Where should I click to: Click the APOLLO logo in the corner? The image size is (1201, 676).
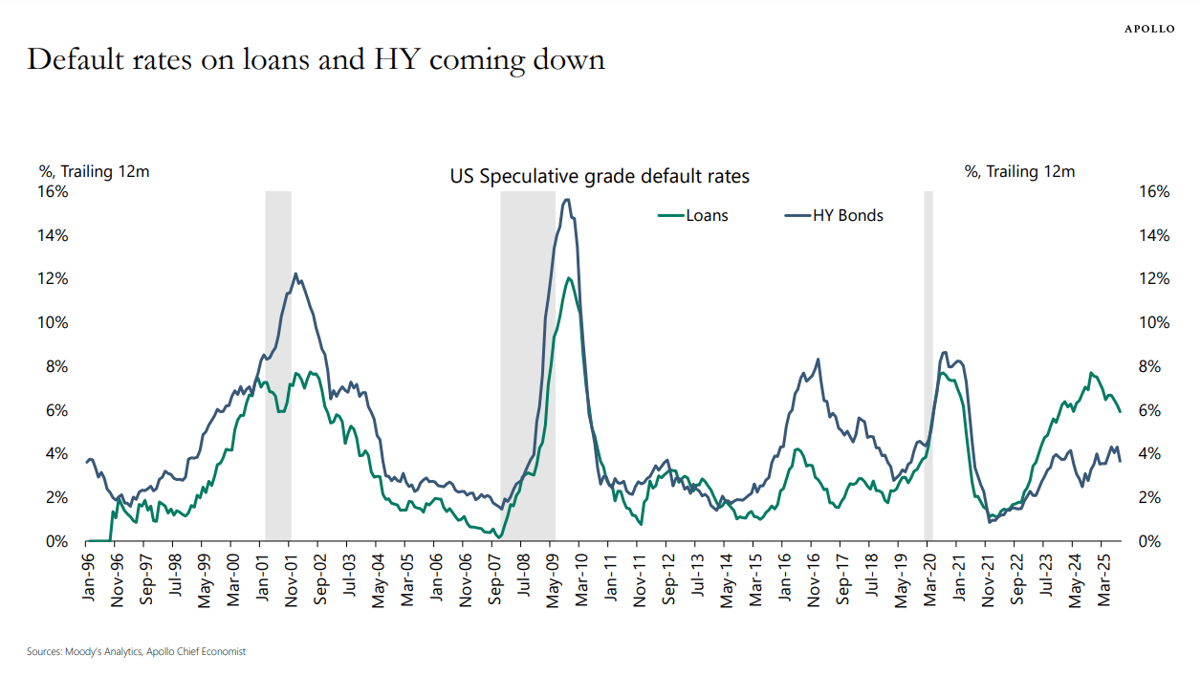[1148, 30]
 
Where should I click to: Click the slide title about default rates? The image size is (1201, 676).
[316, 59]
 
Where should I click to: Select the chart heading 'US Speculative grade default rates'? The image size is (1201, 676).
[600, 176]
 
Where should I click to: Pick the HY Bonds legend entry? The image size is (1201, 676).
[833, 215]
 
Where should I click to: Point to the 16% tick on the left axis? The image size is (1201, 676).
[53, 191]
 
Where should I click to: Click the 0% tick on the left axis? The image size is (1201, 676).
[56, 541]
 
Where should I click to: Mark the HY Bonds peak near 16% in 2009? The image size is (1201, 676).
[567, 200]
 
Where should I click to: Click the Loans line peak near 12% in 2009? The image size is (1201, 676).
[569, 278]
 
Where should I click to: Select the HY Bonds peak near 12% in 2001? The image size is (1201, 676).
[295, 274]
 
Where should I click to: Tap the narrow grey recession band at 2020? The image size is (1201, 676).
[928, 363]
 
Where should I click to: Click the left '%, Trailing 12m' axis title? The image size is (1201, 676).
[94, 171]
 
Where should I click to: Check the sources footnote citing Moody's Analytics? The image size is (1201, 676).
[136, 651]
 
